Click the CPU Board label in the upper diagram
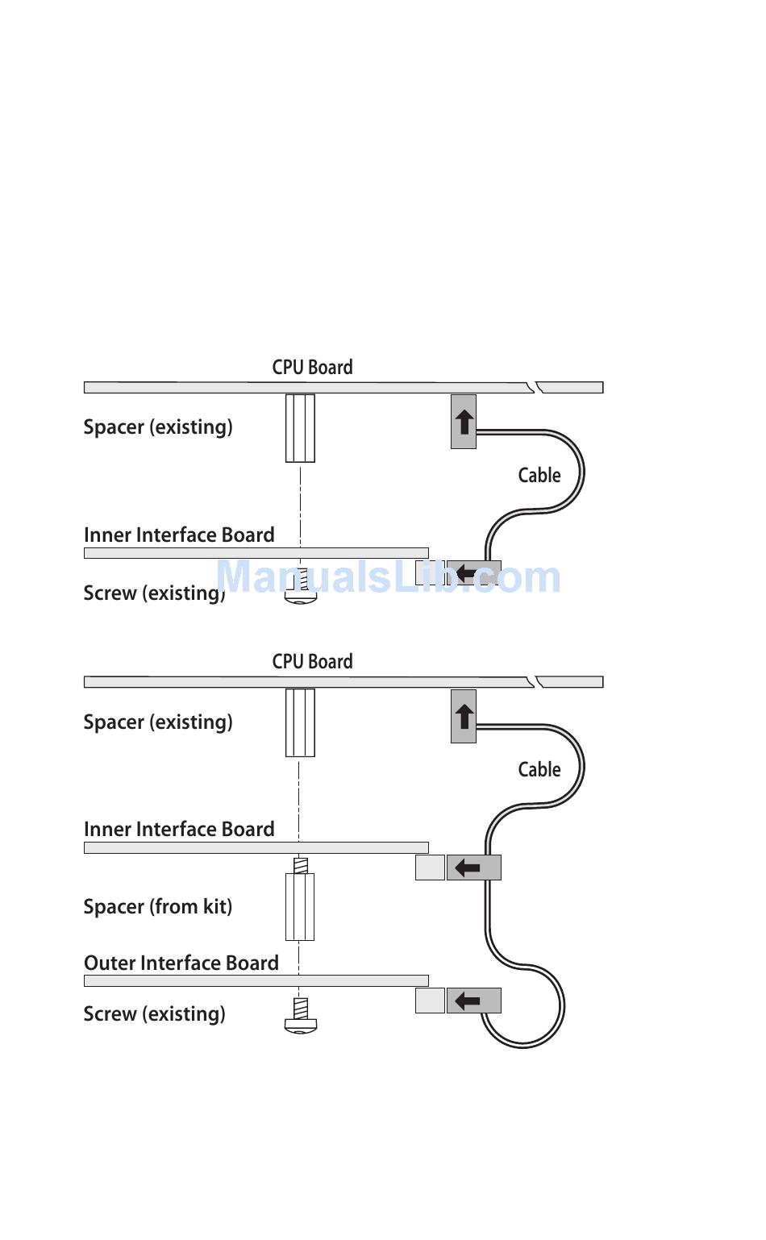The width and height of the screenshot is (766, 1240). tap(312, 368)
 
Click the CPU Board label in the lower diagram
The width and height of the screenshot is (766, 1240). tap(312, 662)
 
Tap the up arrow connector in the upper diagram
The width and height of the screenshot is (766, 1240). tap(464, 422)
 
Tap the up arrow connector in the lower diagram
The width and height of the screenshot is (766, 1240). tap(464, 716)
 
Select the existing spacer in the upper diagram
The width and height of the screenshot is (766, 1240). tap(300, 428)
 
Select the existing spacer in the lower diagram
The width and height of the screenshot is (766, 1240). tap(300, 722)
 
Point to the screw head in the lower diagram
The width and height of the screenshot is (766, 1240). tap(301, 1024)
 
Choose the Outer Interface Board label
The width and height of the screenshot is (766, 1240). tap(181, 963)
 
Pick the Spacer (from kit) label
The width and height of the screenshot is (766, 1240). tap(158, 907)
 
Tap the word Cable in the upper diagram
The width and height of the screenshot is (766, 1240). tap(539, 476)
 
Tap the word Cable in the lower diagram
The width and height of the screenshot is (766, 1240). tap(539, 770)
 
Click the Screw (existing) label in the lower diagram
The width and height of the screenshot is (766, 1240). tap(154, 1014)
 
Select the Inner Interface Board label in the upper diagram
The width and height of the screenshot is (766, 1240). tap(179, 535)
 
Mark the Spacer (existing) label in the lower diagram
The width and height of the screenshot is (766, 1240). tap(158, 722)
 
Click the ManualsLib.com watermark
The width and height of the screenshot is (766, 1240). tap(388, 577)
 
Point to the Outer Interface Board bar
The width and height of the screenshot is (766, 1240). tap(256, 981)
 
